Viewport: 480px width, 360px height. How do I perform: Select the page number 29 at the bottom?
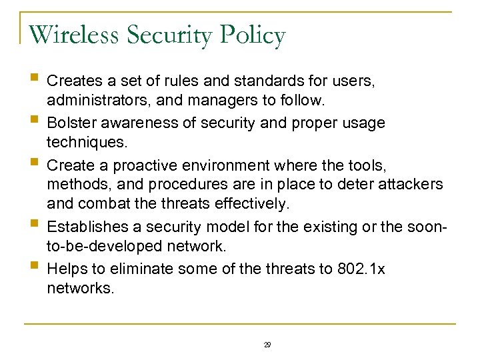(267, 345)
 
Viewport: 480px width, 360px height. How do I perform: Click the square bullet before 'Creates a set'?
(34, 81)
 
